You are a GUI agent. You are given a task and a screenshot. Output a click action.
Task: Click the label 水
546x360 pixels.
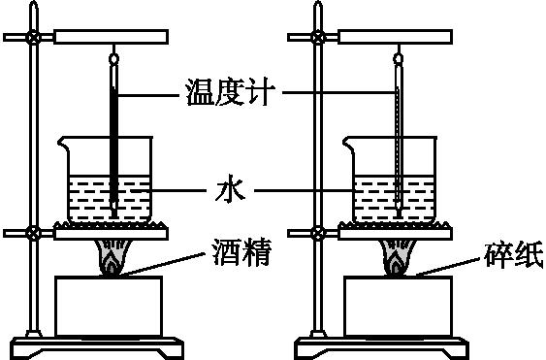[224, 190]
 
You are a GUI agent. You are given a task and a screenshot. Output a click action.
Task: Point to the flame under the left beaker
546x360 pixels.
[112, 264]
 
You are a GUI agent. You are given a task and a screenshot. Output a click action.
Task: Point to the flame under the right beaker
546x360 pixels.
[398, 264]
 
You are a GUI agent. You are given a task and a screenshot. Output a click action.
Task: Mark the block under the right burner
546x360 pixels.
[397, 305]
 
